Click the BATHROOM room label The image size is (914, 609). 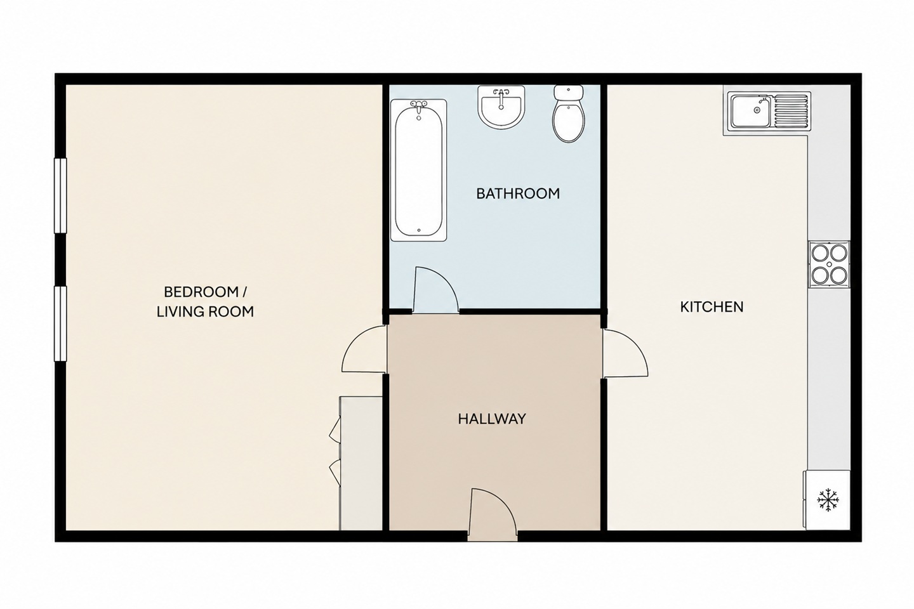click(518, 193)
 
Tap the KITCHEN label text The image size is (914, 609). click(712, 307)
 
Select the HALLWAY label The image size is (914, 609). click(492, 419)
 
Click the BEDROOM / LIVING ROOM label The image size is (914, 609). click(205, 302)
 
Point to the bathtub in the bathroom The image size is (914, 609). click(419, 170)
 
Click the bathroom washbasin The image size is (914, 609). click(501, 107)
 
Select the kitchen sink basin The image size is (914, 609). click(750, 110)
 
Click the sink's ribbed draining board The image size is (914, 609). click(790, 110)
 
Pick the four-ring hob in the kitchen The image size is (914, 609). click(829, 265)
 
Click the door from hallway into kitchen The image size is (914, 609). click(625, 353)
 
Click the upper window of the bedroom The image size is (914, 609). click(60, 196)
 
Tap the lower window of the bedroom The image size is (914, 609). click(60, 324)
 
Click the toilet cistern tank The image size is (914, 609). click(569, 92)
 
